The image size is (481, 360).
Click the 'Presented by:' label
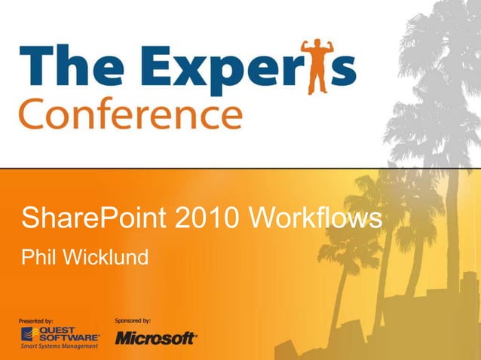[x=35, y=321]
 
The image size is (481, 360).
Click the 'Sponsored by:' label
[x=133, y=320]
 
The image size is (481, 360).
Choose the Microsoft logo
[x=156, y=338]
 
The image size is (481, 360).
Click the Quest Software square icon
[x=26, y=334]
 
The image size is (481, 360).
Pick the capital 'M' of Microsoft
[x=124, y=339]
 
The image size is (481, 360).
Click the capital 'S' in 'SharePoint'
[x=31, y=219]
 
